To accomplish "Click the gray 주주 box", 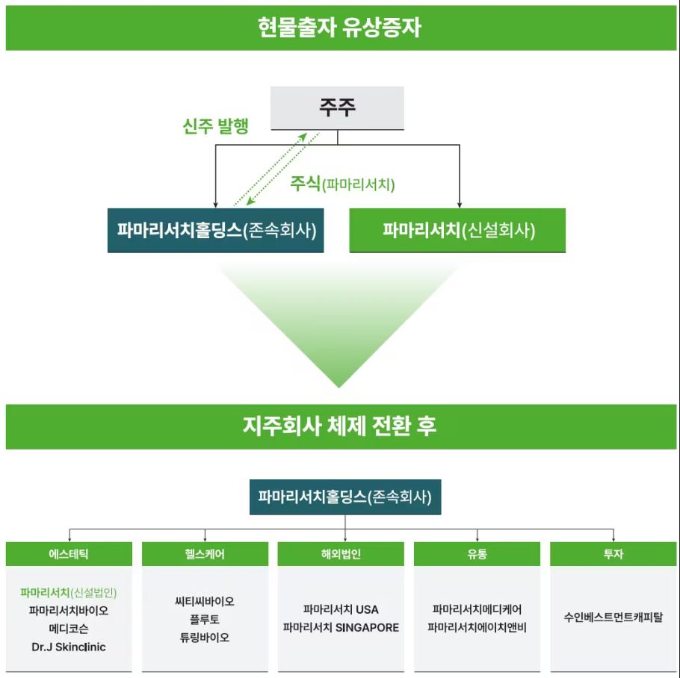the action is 337,108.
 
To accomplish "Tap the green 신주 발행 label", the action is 215,126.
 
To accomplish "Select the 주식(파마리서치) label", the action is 342,184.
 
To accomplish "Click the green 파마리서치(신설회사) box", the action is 457,230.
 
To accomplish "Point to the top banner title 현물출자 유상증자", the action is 339,28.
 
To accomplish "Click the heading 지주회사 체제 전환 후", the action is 339,426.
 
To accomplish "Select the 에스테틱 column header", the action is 69,553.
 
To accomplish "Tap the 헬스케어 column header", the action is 205,553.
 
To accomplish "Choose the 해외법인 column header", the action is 341,553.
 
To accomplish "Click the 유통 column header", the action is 477,553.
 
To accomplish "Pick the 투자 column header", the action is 613,553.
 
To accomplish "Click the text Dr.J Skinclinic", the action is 69,647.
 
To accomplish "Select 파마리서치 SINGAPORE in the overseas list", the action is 341,627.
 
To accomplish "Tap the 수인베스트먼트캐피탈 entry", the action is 613,617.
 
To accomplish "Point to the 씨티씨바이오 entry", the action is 205,601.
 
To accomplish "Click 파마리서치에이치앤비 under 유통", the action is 477,627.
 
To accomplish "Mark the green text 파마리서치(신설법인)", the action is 69,592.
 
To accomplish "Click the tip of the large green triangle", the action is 339,388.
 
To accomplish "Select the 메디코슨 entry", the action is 69,628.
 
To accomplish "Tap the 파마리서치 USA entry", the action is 341,609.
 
